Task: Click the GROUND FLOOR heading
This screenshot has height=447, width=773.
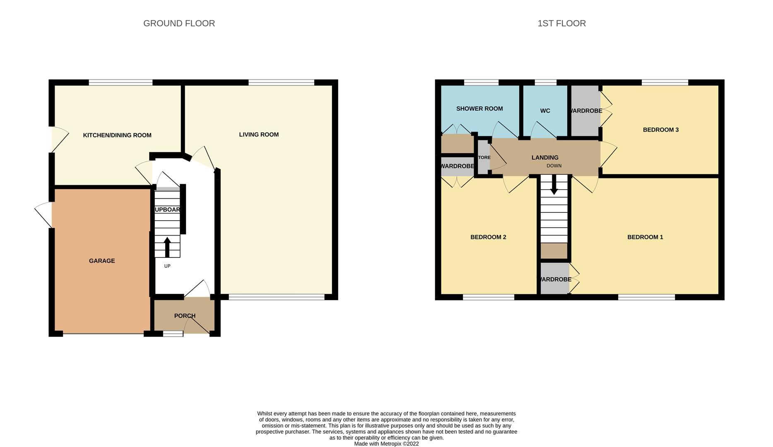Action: coord(179,24)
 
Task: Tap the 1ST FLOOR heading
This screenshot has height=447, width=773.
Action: coord(561,24)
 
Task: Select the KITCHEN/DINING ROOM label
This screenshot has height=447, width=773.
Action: coord(117,135)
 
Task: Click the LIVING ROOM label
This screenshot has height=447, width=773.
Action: coord(259,135)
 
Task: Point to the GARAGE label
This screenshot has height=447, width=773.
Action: coord(102,261)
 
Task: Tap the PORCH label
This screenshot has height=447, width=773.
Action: coord(185,316)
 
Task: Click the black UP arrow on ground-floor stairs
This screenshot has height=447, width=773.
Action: coord(167,247)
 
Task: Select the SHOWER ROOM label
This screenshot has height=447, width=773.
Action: coord(479,109)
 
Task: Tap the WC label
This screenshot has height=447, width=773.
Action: coord(545,111)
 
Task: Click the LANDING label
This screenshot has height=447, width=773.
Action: coord(545,158)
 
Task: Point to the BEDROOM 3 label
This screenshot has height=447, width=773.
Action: coord(660,130)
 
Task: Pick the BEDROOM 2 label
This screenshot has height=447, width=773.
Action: coord(488,237)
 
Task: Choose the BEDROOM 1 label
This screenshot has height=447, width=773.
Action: coord(645,237)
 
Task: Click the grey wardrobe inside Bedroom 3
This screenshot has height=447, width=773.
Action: coord(585,111)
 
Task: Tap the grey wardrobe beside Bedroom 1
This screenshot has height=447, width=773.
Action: coord(554,279)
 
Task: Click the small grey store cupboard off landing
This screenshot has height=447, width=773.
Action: coord(483,158)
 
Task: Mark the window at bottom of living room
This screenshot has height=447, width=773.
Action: coord(277,297)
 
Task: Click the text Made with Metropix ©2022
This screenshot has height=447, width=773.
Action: coord(386,444)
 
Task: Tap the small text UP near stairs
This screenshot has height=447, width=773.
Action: coord(167,266)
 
